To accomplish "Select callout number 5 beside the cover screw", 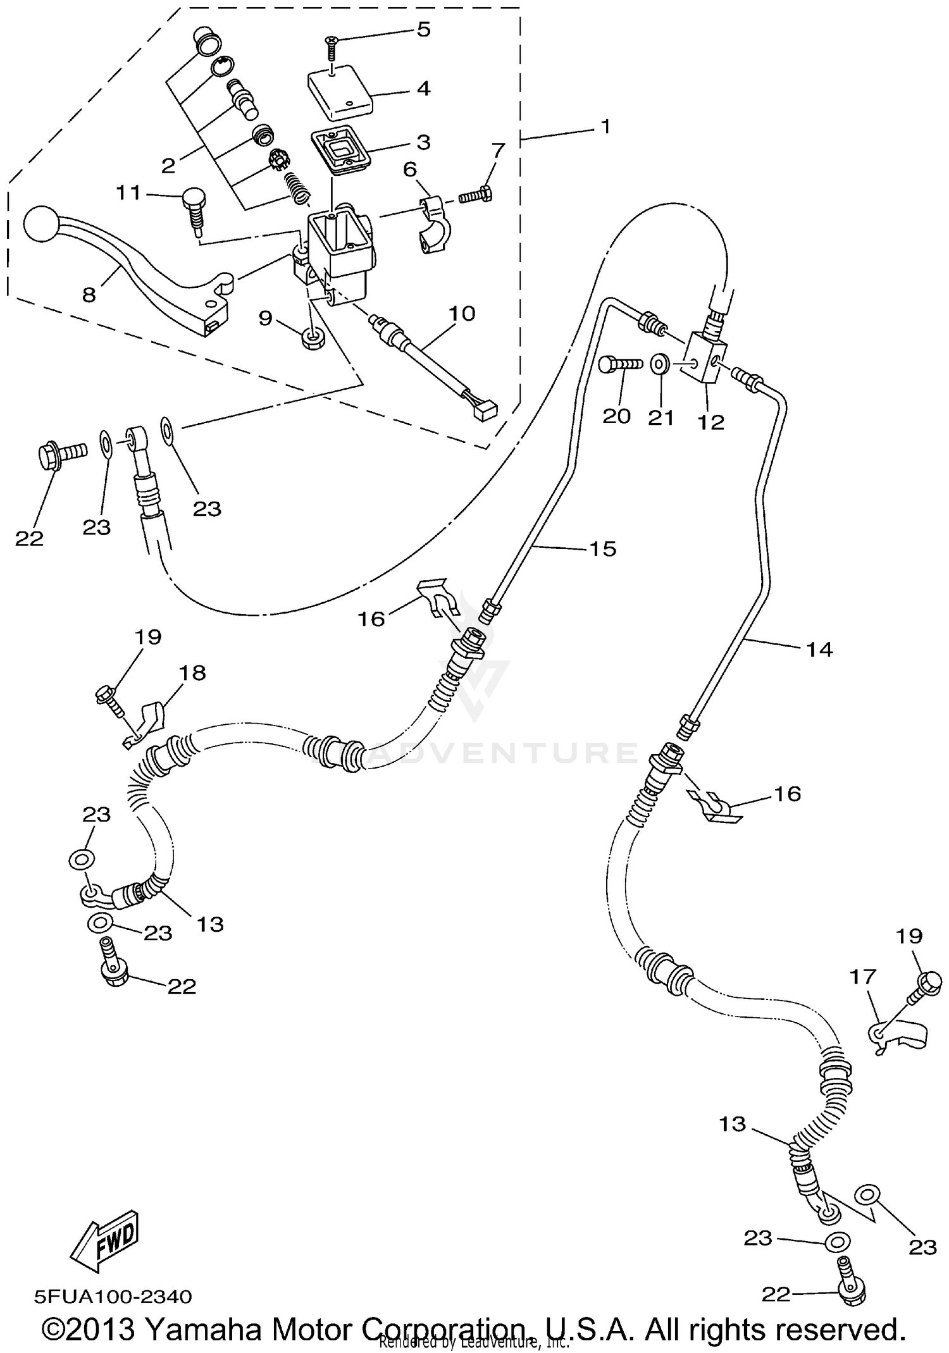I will (424, 29).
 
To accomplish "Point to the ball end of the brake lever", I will (41, 224).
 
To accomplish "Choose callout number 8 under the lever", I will (89, 294).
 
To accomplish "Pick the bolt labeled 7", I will (476, 196).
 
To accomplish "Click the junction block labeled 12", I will (704, 357).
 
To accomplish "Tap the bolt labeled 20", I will (621, 365).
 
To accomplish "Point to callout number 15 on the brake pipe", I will (602, 548).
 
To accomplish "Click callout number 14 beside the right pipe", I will (819, 649).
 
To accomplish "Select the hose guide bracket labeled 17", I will (899, 1034).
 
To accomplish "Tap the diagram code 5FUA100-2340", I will (113, 1297).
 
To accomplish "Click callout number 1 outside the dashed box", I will (605, 127).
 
